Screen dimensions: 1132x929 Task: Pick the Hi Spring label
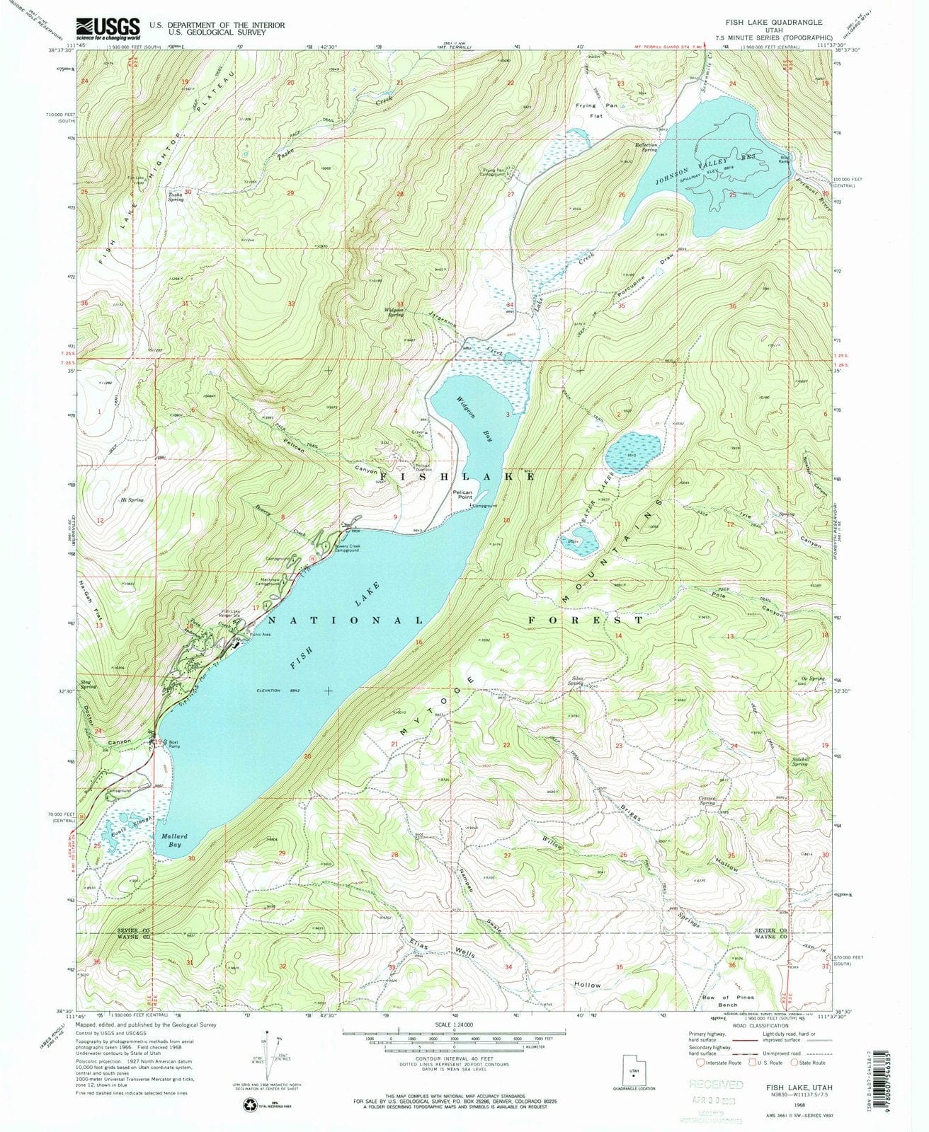click(132, 500)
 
